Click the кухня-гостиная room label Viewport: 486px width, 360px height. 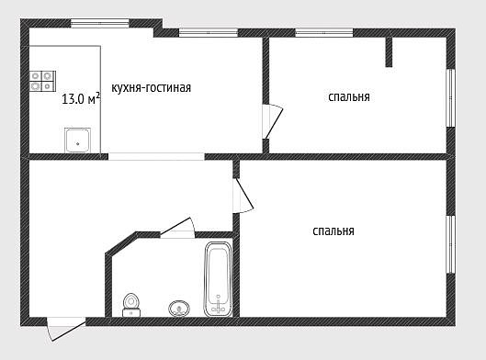pyautogui.click(x=151, y=88)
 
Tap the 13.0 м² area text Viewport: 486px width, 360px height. pyautogui.click(x=81, y=99)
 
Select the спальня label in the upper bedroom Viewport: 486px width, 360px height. pyautogui.click(x=349, y=97)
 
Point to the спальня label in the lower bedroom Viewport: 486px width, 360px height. pyautogui.click(x=333, y=231)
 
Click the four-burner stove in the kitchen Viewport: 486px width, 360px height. pyautogui.click(x=43, y=81)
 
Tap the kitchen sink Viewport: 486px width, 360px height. pyautogui.click(x=77, y=141)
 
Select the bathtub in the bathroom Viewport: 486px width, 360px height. pyautogui.click(x=218, y=279)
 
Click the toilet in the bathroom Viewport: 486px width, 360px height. pyautogui.click(x=131, y=305)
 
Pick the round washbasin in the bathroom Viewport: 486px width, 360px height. pyautogui.click(x=179, y=309)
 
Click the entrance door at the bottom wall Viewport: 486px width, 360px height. pyautogui.click(x=66, y=329)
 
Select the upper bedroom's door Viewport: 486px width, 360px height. pyautogui.click(x=272, y=121)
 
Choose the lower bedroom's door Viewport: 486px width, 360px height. pyautogui.click(x=243, y=196)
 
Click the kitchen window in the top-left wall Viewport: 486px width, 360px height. pyautogui.click(x=100, y=24)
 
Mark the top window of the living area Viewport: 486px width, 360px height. pyautogui.click(x=209, y=33)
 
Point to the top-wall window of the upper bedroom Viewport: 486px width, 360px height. pyautogui.click(x=324, y=33)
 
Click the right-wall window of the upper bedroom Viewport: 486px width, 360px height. pyautogui.click(x=451, y=98)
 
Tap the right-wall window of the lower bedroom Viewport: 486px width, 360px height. pyautogui.click(x=451, y=244)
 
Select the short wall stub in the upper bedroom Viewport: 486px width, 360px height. pyautogui.click(x=389, y=52)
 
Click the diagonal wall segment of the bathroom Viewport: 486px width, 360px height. pyautogui.click(x=121, y=243)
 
